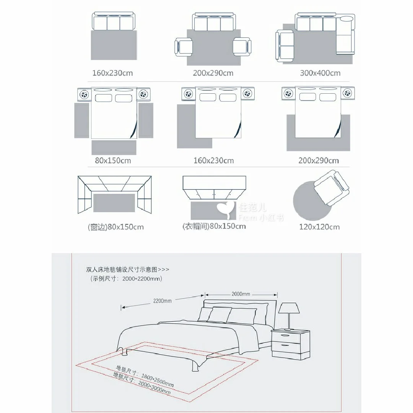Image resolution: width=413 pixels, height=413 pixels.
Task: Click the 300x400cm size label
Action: pos(320,73)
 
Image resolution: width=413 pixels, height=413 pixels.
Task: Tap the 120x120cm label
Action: pos(319,227)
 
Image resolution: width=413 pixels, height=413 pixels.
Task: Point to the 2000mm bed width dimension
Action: pos(241,294)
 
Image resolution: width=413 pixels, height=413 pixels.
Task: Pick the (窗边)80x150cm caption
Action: pos(115,227)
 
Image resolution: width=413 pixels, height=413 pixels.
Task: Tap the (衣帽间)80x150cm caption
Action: pos(214,226)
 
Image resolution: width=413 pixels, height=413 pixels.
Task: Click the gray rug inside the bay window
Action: pos(114,203)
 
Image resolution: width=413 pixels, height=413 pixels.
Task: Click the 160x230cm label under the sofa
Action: pos(112,73)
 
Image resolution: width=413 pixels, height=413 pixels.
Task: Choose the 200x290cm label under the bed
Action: pos(319,160)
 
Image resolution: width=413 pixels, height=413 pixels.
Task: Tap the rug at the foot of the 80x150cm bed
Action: pos(114,147)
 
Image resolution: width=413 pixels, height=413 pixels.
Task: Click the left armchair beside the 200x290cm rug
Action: pos(184,47)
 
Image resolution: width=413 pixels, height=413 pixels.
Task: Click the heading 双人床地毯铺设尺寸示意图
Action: pos(122,270)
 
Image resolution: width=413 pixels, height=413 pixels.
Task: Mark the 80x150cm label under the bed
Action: pos(113,160)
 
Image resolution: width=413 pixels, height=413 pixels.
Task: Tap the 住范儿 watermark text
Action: pos(252,207)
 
